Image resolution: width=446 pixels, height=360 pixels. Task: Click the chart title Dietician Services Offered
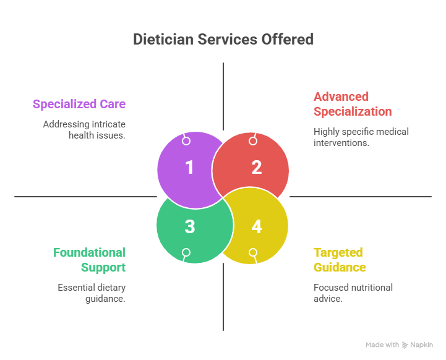click(223, 40)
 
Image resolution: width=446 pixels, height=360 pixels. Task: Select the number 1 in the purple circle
click(189, 168)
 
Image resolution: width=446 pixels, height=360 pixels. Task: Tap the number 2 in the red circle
click(256, 168)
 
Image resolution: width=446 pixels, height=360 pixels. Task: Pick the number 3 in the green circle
click(189, 226)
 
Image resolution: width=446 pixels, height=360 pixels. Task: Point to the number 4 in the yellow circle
click(256, 226)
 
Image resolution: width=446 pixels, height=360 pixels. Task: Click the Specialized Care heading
click(79, 104)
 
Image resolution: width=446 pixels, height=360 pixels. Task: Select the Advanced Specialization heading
click(352, 104)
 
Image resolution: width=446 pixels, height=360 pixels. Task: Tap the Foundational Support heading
click(90, 260)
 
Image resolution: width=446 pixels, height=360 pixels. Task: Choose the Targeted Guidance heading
click(340, 260)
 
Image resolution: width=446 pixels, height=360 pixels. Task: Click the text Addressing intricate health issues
click(84, 129)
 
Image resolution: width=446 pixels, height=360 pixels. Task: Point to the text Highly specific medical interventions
click(361, 137)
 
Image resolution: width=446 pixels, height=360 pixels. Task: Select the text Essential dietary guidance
click(92, 293)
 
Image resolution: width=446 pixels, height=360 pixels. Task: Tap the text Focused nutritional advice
click(353, 293)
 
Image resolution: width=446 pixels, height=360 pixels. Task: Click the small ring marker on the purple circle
click(186, 141)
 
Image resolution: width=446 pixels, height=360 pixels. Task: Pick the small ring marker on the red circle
click(252, 141)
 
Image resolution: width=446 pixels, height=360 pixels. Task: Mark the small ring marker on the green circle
click(186, 252)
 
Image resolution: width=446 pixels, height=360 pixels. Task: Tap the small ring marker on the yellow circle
click(252, 252)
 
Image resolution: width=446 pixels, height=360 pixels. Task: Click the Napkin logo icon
click(405, 345)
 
